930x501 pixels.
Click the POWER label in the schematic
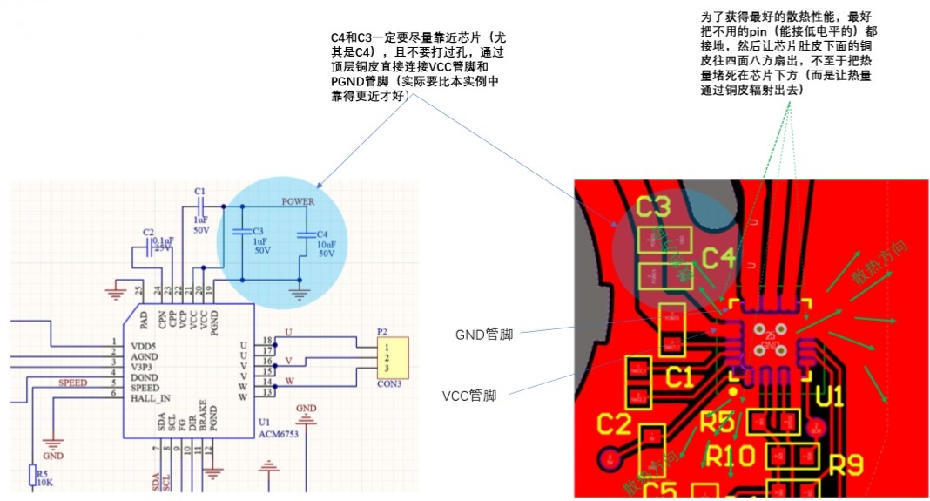[298, 201]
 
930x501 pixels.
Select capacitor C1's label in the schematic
[200, 190]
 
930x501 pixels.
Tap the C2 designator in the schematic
[148, 233]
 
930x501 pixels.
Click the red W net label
[288, 380]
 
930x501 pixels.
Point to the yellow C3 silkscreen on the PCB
[653, 207]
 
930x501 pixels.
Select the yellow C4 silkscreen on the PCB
[718, 258]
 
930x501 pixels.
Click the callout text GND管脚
[483, 334]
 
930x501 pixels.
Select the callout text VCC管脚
[469, 396]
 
